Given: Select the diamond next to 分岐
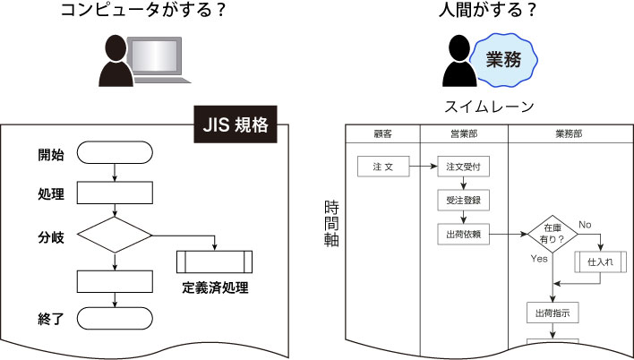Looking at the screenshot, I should (116, 236).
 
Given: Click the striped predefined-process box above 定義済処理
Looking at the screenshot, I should (215, 261).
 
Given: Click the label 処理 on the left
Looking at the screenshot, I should (51, 194).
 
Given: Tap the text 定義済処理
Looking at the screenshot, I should (215, 288).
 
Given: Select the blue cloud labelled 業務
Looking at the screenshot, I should (504, 59).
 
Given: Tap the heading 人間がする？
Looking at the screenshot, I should (476, 12).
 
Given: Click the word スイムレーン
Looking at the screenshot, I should (489, 107).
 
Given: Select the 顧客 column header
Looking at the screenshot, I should (382, 133).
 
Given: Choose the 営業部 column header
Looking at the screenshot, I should (463, 133).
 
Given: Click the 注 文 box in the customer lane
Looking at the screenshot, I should (383, 167).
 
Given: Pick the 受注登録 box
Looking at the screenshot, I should (464, 201).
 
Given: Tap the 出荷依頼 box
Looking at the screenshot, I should (464, 234).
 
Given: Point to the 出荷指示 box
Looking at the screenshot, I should (553, 313).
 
